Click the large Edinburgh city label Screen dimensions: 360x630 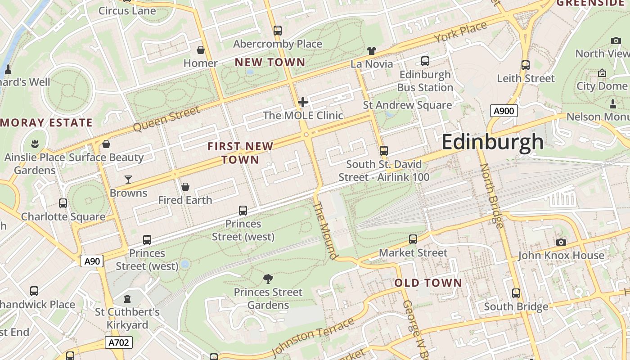[x=492, y=142]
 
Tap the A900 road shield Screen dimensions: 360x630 [x=504, y=111]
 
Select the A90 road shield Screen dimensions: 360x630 [x=92, y=261]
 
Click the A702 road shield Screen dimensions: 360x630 [x=119, y=342]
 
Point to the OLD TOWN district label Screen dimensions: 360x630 [x=428, y=283]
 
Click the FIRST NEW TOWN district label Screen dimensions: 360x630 [x=240, y=153]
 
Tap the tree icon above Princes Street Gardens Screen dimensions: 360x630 [x=268, y=279]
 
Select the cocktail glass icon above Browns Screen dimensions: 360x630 [x=128, y=180]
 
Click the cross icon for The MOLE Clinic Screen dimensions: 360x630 [x=303, y=102]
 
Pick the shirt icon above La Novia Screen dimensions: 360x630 [x=372, y=50]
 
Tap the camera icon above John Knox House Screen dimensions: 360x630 [x=561, y=242]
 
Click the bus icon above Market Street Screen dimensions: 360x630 [x=413, y=239]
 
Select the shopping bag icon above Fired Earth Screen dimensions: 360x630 [x=185, y=187]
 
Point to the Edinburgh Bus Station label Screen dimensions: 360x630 [x=425, y=81]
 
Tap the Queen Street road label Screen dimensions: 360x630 [x=166, y=119]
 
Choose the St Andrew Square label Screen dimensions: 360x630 [x=407, y=105]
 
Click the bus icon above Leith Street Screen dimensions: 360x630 [x=525, y=65]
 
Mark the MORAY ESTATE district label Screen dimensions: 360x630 [x=46, y=122]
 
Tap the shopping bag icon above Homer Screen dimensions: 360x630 [x=201, y=49]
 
